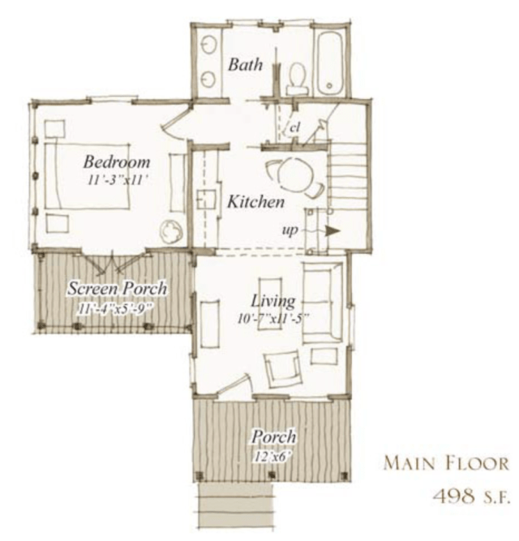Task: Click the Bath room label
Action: (245, 65)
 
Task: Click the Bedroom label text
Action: (117, 162)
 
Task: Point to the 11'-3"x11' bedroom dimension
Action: (115, 180)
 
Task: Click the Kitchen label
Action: (256, 202)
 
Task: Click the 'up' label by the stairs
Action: (290, 230)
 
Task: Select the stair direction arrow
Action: (333, 231)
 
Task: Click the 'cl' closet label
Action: (294, 128)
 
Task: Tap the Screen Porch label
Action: (118, 289)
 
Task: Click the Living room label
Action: (272, 301)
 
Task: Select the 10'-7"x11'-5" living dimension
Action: (272, 319)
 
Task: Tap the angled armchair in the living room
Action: (283, 368)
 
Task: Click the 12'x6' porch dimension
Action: (272, 457)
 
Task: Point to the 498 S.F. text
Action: (470, 497)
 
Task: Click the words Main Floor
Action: (446, 463)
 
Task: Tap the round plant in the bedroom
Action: (170, 232)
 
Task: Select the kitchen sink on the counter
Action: (206, 200)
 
